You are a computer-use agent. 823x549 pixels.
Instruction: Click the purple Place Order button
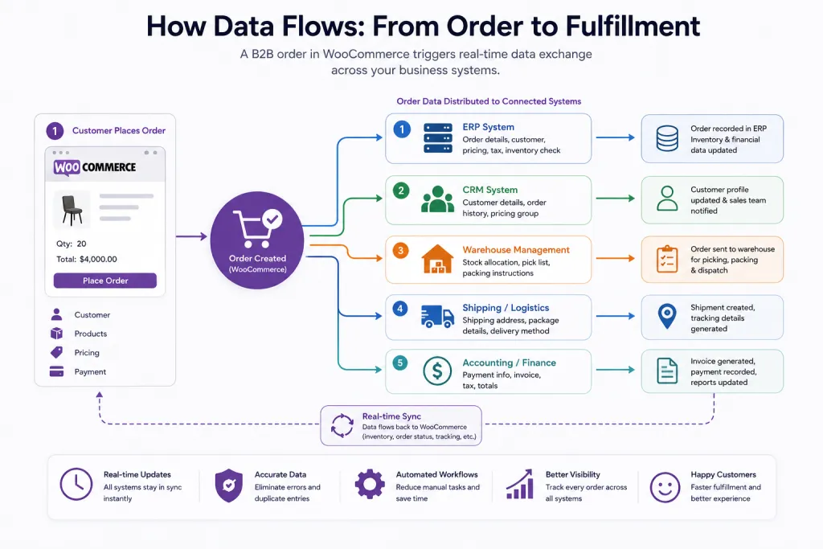pos(105,281)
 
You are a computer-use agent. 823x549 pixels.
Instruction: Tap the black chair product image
pos(72,210)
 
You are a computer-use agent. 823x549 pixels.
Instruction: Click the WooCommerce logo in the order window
pos(95,167)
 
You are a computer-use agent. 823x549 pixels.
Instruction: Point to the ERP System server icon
pos(438,138)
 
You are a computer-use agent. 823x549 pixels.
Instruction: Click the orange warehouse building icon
pos(437,259)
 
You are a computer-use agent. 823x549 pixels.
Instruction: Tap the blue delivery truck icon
pos(437,317)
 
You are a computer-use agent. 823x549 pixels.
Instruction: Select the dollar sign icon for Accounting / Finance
pos(437,371)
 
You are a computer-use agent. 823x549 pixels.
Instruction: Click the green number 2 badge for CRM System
pos(401,190)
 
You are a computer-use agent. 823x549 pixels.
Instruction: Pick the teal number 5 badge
pos(400,363)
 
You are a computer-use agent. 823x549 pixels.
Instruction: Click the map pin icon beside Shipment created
pos(667,317)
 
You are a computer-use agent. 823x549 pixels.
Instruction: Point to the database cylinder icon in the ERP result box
pos(667,138)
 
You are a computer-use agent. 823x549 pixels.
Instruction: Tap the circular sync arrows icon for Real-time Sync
pos(342,425)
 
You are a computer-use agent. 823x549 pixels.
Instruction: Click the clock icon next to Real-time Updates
pos(76,484)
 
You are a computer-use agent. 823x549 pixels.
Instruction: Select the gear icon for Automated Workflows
pos(370,484)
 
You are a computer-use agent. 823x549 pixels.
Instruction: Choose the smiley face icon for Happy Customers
pos(665,487)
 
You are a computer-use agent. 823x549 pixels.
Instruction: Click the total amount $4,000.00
pos(98,260)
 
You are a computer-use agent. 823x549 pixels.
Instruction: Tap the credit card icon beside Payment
pos(57,371)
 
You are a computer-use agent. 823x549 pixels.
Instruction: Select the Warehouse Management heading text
pos(516,250)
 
